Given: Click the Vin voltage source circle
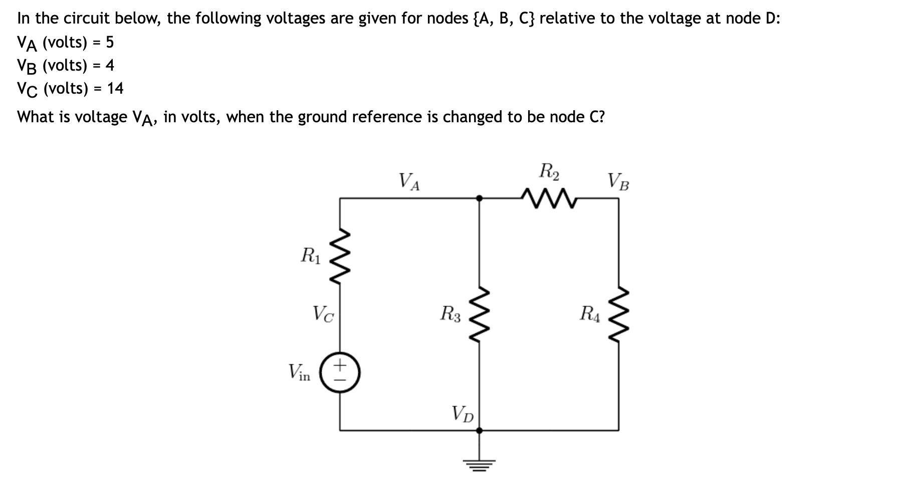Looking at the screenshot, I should point(340,372).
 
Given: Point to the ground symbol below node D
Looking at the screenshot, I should point(479,465).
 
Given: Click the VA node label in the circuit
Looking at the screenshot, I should point(409,181).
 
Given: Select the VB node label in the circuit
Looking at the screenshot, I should point(618,181).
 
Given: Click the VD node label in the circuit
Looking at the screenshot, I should point(463,414).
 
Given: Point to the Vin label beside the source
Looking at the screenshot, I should point(299,372).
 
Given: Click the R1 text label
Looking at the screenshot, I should point(310,256).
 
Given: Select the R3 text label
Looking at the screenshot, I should point(450,314).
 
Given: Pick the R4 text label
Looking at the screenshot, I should point(589,314).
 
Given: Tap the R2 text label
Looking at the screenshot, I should point(549,171).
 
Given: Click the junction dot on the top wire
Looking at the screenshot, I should point(479,198).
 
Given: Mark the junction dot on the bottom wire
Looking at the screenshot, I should point(479,430).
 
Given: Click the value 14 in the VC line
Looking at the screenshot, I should point(115,89).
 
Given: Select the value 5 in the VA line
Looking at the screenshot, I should point(110,43).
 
